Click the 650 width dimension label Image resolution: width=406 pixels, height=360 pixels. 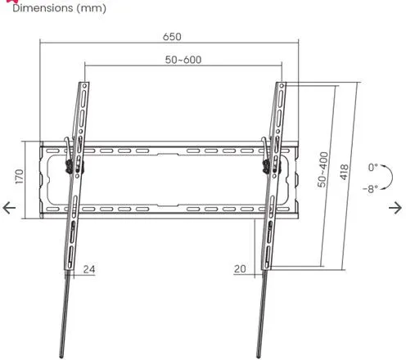(172, 37)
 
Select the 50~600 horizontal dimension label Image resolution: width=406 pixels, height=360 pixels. (183, 60)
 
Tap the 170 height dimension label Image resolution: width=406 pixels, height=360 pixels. (20, 177)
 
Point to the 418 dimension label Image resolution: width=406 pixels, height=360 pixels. (344, 172)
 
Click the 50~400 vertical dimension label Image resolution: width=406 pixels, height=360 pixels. (323, 169)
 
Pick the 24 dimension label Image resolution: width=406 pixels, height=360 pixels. (89, 269)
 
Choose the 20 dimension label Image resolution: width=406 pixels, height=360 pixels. (240, 269)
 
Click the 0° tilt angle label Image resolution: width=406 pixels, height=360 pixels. (373, 167)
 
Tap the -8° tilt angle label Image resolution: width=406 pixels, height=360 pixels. (371, 188)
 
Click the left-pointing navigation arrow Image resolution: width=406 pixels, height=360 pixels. (9, 208)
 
